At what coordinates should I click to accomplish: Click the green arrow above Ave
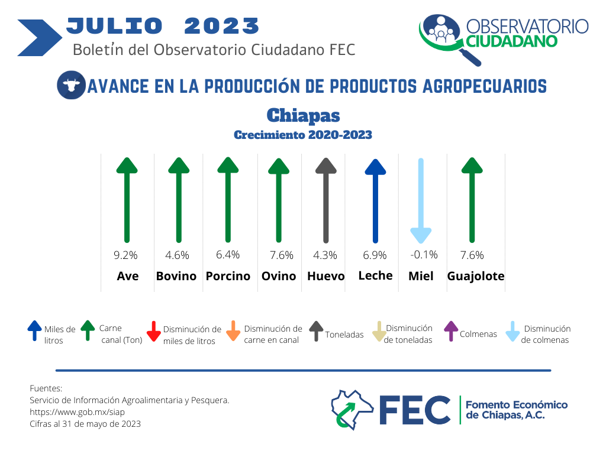[127, 200]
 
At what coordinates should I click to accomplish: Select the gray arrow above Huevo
[326, 200]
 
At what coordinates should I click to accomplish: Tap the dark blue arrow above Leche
[375, 201]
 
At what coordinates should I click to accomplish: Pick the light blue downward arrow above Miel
[421, 201]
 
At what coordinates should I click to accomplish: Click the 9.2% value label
[125, 255]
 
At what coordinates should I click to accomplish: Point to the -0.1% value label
[424, 255]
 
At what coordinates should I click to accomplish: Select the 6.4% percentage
[228, 255]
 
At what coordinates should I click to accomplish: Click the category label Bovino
[176, 276]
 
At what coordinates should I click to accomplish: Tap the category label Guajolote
[476, 276]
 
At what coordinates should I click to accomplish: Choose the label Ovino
[279, 276]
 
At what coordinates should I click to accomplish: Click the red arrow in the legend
[154, 331]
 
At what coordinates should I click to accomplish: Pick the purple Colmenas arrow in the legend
[451, 331]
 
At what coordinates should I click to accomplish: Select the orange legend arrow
[233, 331]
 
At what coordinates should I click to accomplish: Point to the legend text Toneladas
[344, 335]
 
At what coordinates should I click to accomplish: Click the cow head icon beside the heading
[71, 85]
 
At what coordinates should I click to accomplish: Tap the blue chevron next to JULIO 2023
[40, 38]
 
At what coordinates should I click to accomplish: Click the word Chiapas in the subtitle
[304, 115]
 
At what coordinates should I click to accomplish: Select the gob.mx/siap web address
[78, 412]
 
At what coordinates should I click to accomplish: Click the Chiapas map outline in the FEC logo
[352, 410]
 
